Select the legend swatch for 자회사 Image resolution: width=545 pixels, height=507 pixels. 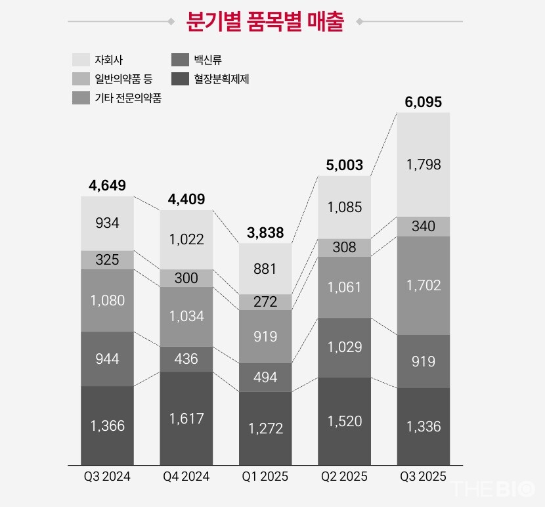[81, 60]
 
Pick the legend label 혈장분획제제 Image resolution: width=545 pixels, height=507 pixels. [221, 79]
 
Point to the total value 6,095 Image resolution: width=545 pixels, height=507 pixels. [423, 102]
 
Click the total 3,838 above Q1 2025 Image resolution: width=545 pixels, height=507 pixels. [265, 232]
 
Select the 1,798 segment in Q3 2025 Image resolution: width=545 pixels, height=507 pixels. [423, 164]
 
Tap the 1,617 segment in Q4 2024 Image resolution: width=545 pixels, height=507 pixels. [186, 418]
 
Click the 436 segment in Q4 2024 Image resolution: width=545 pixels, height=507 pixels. [186, 359]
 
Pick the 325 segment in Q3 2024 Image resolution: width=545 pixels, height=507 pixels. [107, 259]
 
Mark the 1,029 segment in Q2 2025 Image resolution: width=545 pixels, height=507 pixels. [344, 347]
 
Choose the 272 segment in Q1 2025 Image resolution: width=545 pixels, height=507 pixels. [265, 302]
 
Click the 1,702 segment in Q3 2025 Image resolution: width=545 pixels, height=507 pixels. [423, 285]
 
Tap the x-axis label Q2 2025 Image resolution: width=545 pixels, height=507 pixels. [344, 477]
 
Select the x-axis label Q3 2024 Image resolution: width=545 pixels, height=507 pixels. [107, 477]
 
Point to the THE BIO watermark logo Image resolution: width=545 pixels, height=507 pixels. [491, 491]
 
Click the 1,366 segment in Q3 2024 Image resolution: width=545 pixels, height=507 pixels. [107, 426]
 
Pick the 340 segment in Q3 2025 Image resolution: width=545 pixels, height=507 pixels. [423, 227]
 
